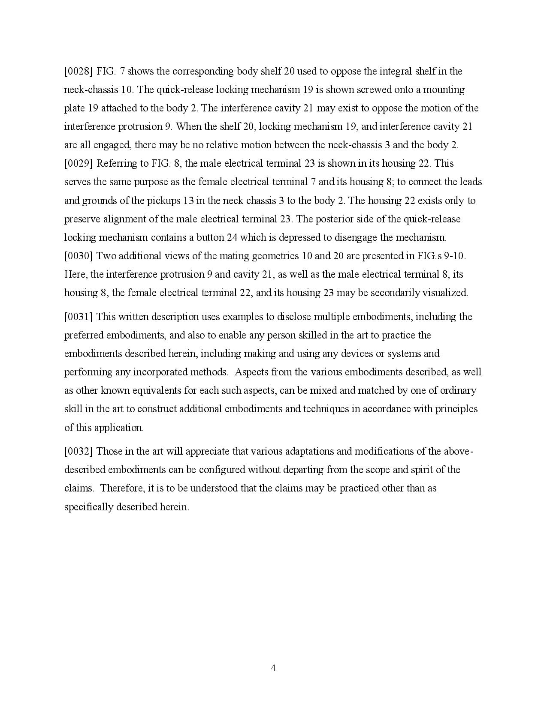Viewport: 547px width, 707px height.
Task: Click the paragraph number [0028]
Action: tap(78, 71)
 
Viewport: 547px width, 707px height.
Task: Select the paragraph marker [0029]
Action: tap(78, 164)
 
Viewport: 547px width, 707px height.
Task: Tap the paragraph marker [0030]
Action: tap(78, 256)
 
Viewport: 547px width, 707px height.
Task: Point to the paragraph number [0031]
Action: tap(78, 317)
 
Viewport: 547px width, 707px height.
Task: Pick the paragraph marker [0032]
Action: tap(78, 452)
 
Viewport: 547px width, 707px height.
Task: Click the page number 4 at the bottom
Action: tap(273, 668)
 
